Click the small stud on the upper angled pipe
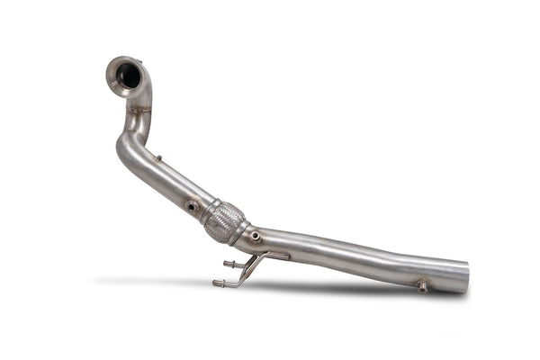click(159, 159)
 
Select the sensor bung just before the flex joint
click(192, 206)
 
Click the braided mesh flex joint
click(224, 221)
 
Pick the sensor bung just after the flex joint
click(256, 237)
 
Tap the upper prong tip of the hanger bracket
click(226, 264)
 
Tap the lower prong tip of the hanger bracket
click(216, 283)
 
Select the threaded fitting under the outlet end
click(421, 287)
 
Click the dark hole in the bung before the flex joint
click(192, 207)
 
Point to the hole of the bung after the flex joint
click(256, 237)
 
